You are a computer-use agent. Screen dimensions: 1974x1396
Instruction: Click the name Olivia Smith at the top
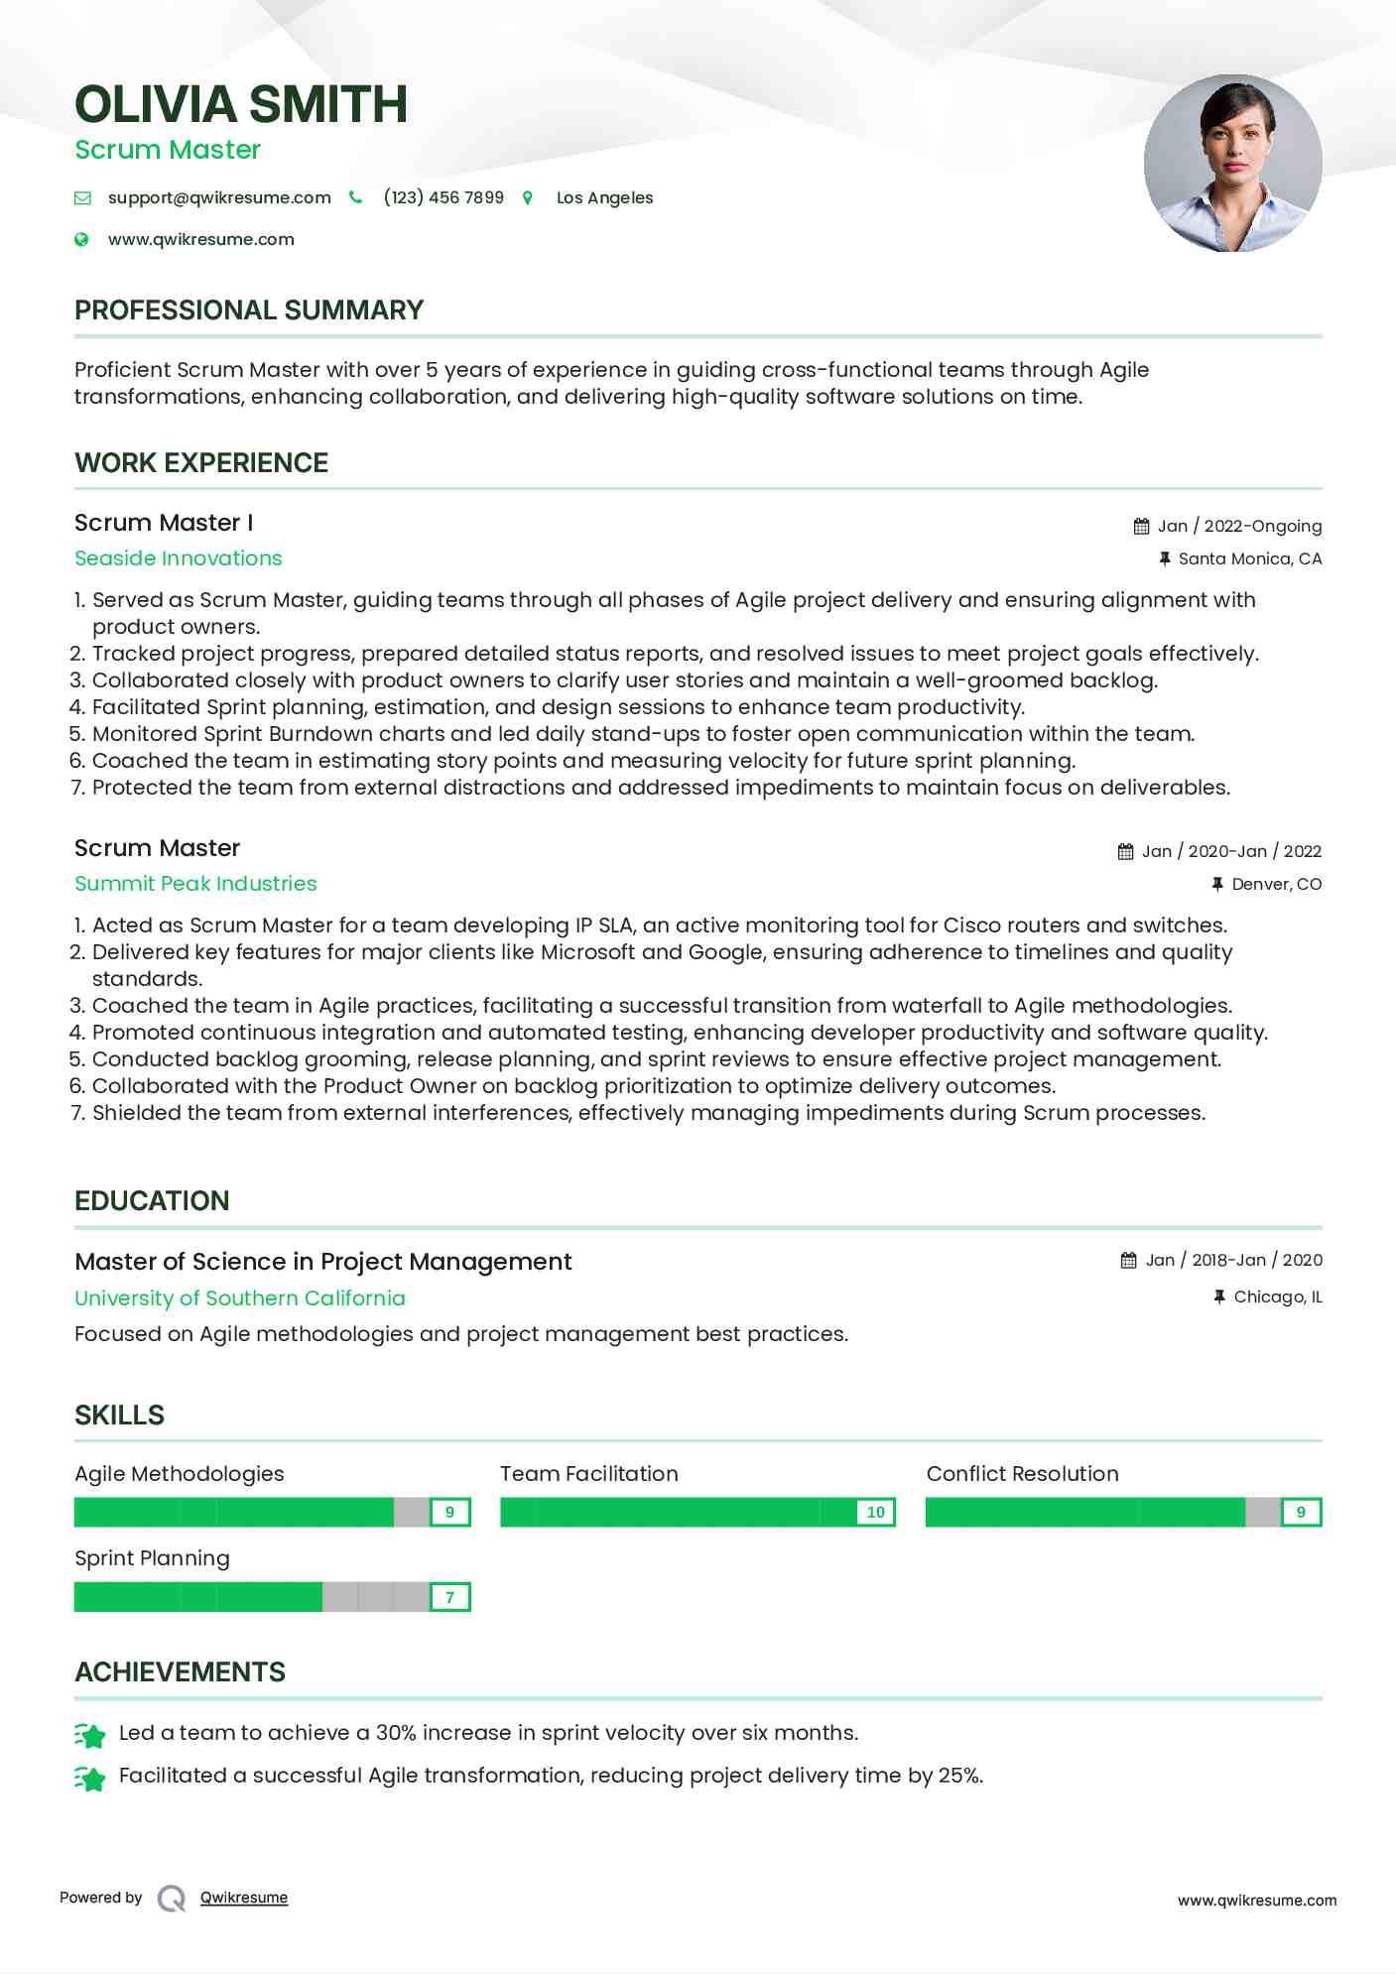point(241,104)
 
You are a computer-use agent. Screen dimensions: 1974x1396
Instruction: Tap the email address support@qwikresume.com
point(219,197)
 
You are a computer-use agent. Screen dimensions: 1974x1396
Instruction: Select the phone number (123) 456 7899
point(444,197)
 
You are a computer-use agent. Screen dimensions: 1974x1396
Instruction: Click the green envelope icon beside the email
point(82,198)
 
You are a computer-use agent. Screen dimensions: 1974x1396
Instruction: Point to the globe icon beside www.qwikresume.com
point(82,239)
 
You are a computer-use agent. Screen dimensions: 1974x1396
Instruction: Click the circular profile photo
point(1232,163)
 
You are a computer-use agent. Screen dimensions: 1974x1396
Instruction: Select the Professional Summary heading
point(249,310)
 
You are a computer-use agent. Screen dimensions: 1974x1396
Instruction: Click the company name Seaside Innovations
point(179,558)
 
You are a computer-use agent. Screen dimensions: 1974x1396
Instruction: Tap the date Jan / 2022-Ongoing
point(1239,526)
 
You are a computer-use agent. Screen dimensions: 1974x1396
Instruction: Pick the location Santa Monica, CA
point(1249,558)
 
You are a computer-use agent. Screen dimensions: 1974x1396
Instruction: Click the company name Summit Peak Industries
point(195,884)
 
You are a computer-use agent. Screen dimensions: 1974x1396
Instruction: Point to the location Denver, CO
point(1276,884)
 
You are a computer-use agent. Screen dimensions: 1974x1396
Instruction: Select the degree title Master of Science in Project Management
point(323,1262)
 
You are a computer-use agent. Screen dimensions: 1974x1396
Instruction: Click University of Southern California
point(240,1298)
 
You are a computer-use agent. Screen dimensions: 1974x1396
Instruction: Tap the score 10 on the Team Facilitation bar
point(875,1513)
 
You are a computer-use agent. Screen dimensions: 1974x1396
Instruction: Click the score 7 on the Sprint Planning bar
point(449,1597)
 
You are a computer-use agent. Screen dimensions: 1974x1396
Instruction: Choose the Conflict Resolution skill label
point(1022,1474)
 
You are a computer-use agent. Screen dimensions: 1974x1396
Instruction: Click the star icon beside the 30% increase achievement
point(90,1735)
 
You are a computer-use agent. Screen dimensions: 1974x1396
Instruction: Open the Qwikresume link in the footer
point(244,1898)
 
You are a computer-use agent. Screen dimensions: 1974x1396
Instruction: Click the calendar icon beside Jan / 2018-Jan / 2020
point(1129,1261)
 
